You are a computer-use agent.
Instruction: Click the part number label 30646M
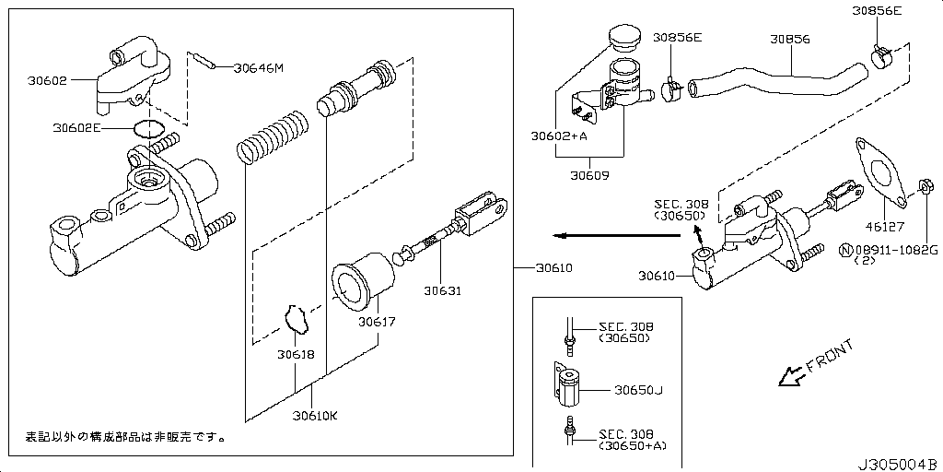point(259,67)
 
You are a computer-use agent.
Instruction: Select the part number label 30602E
point(77,128)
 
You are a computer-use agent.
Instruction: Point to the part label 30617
point(377,322)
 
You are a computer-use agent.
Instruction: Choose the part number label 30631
point(442,291)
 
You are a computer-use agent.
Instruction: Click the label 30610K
point(315,415)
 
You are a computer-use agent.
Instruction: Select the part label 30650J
point(638,391)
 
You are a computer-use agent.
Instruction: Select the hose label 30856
point(790,40)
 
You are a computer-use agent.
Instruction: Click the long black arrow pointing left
point(608,235)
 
